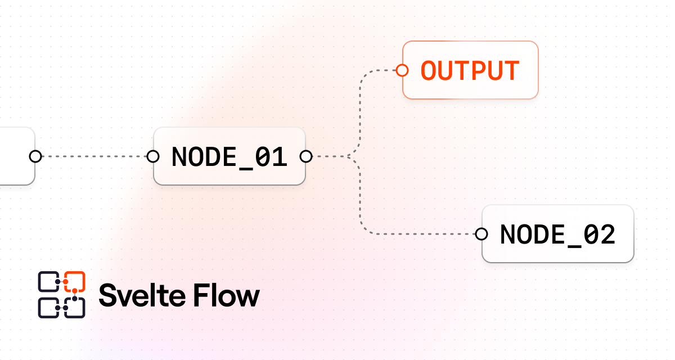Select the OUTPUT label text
[x=470, y=71]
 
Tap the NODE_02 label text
[x=557, y=235]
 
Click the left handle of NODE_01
[x=153, y=156]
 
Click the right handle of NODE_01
[x=306, y=156]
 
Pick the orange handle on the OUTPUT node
[x=402, y=70]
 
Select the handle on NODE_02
[x=481, y=234]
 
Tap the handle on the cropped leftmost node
[x=35, y=156]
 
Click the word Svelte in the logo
[x=142, y=295]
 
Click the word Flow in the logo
[x=227, y=295]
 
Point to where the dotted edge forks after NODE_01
[x=349, y=156]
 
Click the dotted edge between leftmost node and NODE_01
[x=94, y=156]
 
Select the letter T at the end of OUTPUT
[x=511, y=71]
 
